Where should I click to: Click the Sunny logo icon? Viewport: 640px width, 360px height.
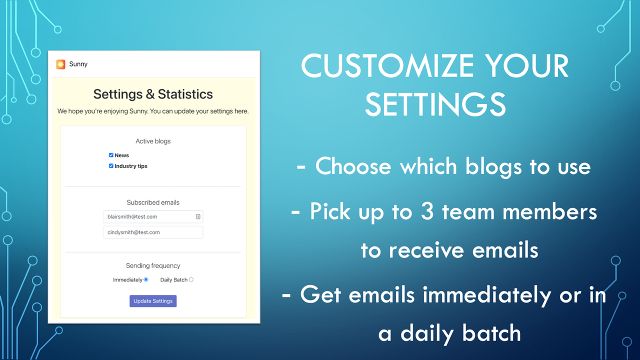click(x=60, y=64)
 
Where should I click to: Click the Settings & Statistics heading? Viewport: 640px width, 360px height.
click(x=153, y=94)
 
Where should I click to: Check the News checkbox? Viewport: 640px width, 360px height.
click(x=111, y=155)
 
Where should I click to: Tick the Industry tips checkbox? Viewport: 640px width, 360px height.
click(x=111, y=166)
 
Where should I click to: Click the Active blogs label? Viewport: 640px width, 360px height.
click(x=153, y=141)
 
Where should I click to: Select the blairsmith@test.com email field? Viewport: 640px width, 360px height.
click(x=148, y=216)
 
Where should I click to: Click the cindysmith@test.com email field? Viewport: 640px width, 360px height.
click(x=153, y=232)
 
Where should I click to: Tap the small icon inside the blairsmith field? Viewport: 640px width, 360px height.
click(x=198, y=216)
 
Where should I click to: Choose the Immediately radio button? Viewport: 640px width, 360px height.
click(x=146, y=279)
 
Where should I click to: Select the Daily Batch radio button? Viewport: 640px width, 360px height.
click(x=191, y=279)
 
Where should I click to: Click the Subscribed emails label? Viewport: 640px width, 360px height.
click(x=153, y=202)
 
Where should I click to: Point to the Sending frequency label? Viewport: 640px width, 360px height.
click(x=153, y=266)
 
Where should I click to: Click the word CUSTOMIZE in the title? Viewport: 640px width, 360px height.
click(x=387, y=66)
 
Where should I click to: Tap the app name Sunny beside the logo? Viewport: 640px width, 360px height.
click(x=78, y=64)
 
